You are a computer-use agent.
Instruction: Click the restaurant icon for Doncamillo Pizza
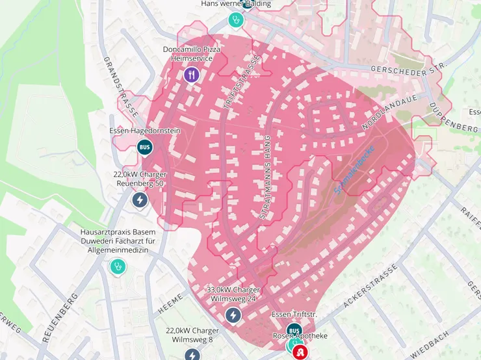190,75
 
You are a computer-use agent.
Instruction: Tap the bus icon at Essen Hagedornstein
144,147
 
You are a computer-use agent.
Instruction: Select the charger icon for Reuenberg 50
139,199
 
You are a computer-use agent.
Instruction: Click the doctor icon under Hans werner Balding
236,19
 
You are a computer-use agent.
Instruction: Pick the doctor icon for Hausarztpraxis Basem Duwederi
117,266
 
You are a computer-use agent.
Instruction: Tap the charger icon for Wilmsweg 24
233,315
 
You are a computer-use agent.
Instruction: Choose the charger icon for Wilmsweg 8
192,355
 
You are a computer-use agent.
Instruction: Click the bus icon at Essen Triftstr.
294,331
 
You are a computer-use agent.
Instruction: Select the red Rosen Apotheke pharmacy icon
300,352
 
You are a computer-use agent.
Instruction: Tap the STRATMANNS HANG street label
265,177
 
